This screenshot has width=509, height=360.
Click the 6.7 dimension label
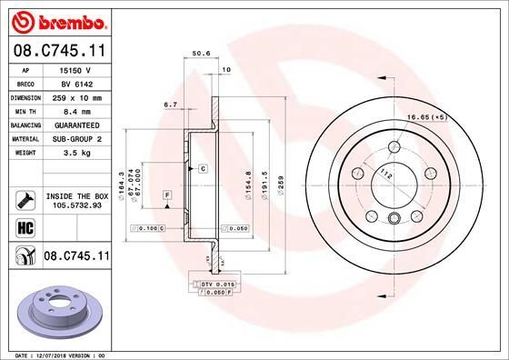pyautogui.click(x=169, y=105)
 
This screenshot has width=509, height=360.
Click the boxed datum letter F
pyautogui.click(x=168, y=195)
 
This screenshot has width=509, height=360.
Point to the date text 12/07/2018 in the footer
pyautogui.click(x=55, y=353)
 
